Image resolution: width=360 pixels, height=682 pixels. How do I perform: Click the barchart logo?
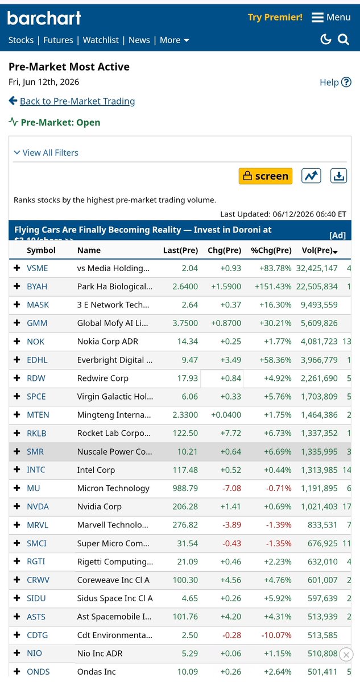pos(44,18)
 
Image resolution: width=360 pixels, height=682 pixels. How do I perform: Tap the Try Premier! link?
pos(275,18)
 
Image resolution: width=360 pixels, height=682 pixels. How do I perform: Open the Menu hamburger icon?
pos(317,18)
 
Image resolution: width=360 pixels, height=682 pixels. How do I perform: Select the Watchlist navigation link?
pos(101,40)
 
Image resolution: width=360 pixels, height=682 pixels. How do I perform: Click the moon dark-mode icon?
pos(325,39)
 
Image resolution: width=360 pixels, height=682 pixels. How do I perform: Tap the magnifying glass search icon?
pos(344,40)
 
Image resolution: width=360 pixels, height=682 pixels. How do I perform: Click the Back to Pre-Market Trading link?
pos(77,101)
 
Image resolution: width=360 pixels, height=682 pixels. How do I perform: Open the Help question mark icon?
pos(346,82)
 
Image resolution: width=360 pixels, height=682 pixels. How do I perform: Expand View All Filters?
pos(46,152)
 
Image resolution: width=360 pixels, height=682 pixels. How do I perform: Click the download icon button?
pos(339,176)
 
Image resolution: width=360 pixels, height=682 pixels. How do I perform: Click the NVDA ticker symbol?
pos(38,506)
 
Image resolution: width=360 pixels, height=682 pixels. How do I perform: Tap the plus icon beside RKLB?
pos(17,433)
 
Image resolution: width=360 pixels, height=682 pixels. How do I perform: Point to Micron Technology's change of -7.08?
pos(232,488)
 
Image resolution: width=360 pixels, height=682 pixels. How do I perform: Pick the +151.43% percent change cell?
pos(273,286)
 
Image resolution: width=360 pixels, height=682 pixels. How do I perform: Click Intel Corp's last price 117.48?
pos(185,470)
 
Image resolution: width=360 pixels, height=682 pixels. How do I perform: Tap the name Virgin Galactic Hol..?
pos(115,397)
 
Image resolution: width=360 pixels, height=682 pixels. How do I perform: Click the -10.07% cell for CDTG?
pos(276,635)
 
